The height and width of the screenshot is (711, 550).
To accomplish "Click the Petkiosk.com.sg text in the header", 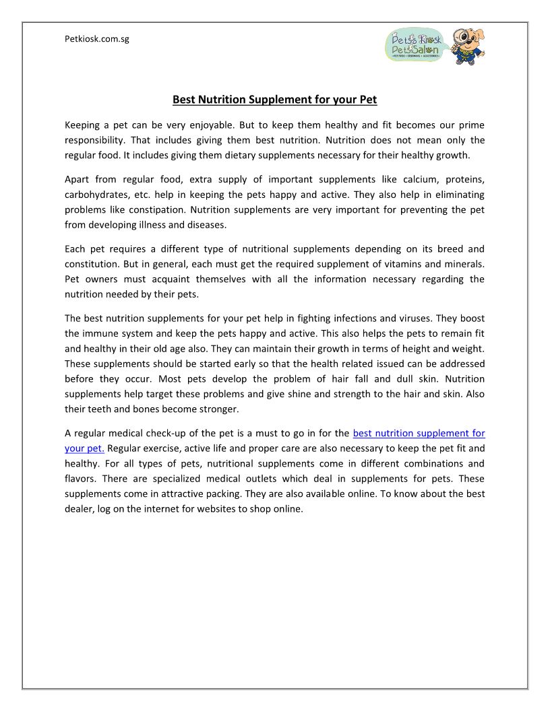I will [96, 39].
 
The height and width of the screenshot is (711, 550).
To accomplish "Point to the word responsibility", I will [95, 140].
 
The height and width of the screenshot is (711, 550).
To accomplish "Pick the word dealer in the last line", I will [82, 508].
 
